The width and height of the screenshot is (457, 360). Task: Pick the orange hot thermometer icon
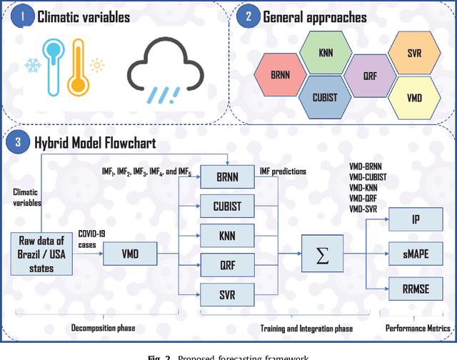click(76, 75)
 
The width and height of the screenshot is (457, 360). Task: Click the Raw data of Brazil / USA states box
click(41, 251)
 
